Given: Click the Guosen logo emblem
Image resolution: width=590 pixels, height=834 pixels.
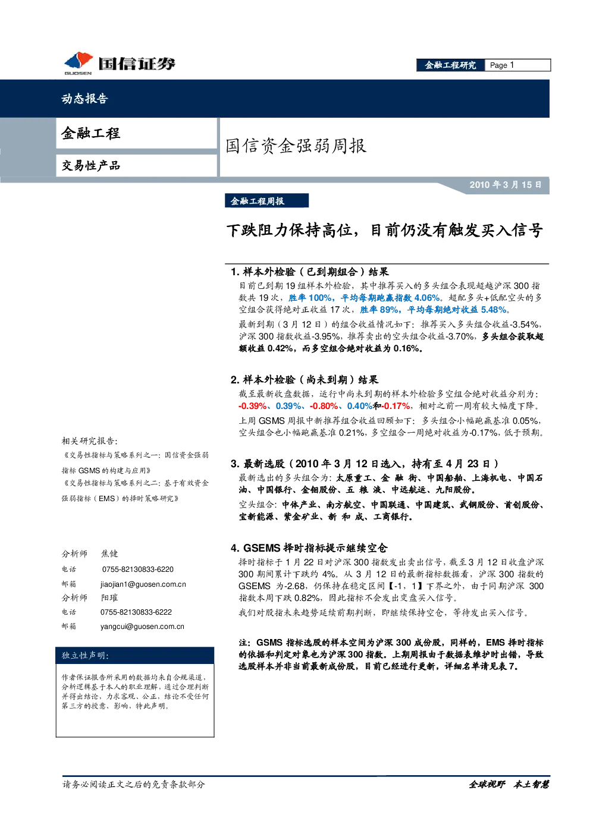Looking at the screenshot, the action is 79,61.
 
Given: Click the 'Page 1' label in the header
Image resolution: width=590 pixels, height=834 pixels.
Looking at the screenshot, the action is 502,65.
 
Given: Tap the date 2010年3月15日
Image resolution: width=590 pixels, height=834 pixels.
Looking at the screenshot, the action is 505,185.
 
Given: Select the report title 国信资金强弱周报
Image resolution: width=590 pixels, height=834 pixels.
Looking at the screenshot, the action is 296,146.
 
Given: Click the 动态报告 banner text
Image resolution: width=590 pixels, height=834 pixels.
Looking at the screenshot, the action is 85,98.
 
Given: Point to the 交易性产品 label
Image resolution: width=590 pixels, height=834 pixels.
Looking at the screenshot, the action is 91,165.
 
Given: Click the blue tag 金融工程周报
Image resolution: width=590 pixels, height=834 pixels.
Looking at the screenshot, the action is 258,201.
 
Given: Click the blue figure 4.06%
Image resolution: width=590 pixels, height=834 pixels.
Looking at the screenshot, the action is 427,298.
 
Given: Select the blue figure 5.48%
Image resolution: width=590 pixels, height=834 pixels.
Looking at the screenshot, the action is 494,310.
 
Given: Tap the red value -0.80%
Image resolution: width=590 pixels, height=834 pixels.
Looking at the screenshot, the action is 324,406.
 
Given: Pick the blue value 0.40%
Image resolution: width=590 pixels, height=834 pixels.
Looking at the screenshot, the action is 360,406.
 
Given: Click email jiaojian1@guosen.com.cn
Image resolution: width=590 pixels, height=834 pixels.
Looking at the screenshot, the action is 143,584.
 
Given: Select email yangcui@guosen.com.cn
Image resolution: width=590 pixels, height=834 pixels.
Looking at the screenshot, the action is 142,627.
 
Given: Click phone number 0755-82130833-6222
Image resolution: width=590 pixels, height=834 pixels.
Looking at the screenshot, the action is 136,612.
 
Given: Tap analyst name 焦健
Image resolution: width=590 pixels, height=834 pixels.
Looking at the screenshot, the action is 109,553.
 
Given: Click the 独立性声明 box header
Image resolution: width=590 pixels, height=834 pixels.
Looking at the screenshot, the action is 85,656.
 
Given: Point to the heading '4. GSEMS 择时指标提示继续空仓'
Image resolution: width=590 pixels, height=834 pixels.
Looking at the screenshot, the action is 309,548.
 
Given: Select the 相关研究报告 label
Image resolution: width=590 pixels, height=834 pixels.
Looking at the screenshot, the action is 89,441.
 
